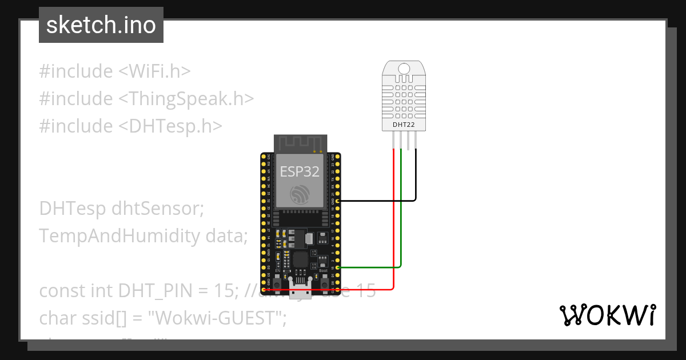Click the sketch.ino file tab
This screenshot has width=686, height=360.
coord(101,25)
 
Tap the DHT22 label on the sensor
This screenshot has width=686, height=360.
coord(404,124)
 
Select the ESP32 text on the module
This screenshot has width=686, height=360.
coord(300,172)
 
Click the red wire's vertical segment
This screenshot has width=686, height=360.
coord(394,217)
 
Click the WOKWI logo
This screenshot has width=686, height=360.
coord(607,315)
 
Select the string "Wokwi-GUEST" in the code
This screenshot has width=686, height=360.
coord(220,318)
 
